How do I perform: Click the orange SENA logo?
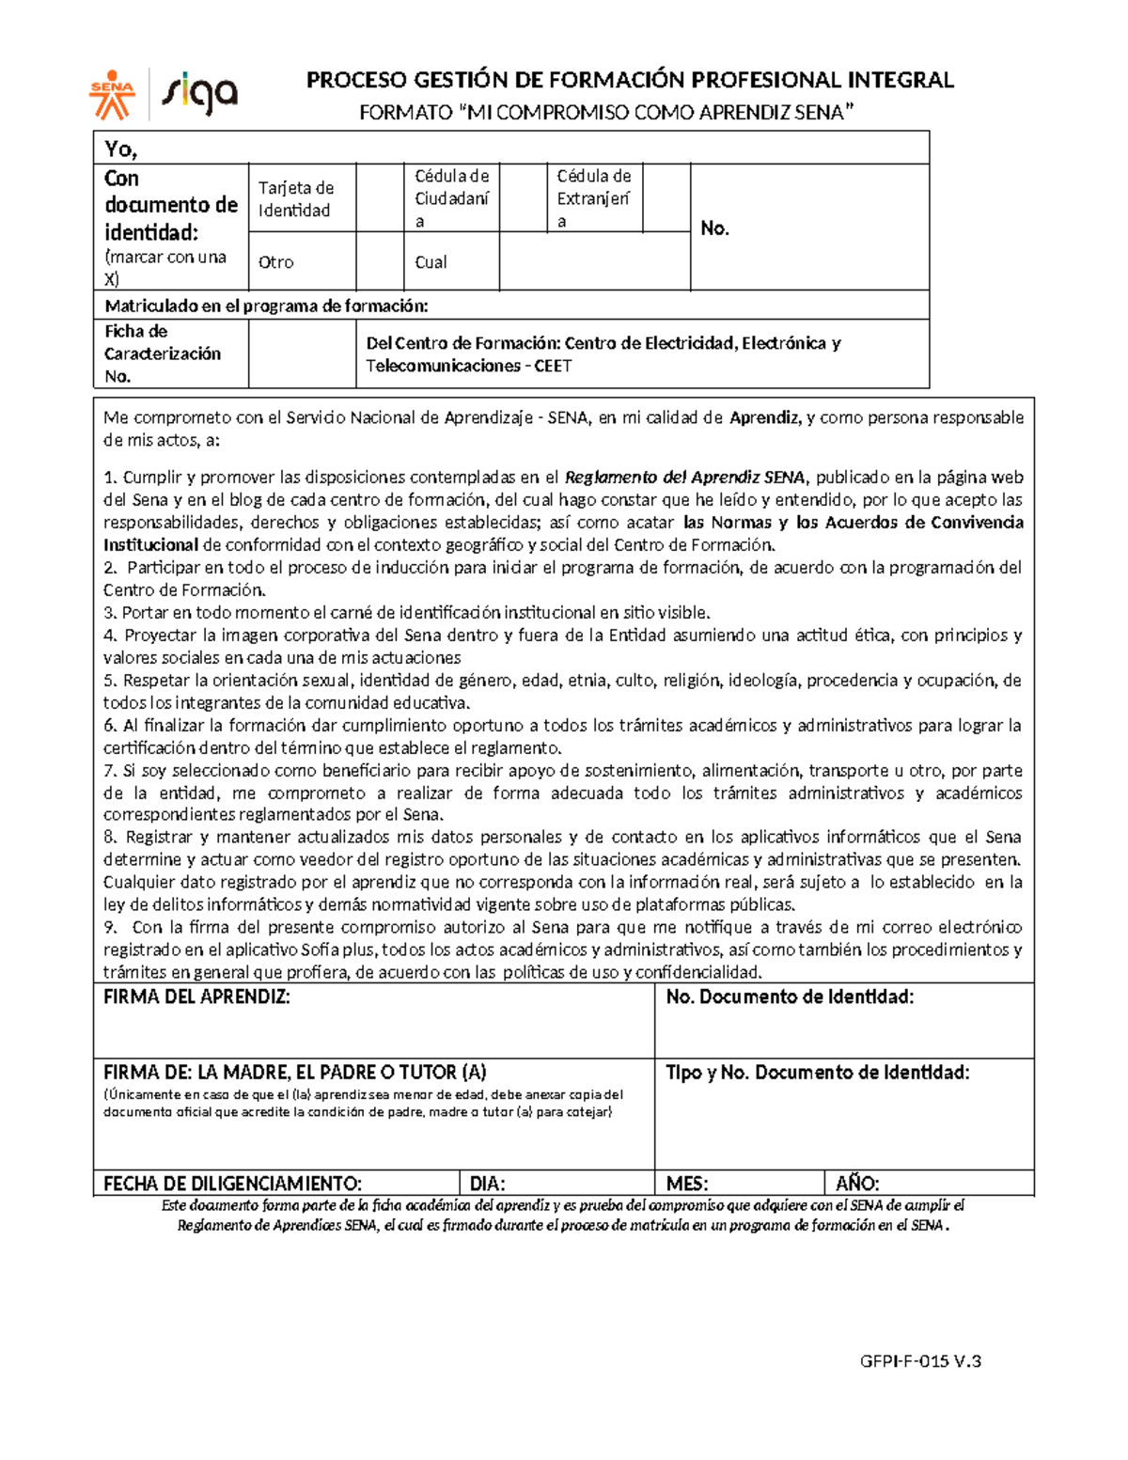click(112, 94)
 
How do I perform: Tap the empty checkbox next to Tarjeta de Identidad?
click(380, 198)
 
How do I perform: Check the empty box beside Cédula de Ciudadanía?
click(523, 198)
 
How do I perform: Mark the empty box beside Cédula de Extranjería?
click(666, 198)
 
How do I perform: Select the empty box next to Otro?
click(380, 261)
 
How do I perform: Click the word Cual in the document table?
click(431, 262)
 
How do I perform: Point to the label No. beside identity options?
click(714, 228)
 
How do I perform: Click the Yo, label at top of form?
click(121, 149)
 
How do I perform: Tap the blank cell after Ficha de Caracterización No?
click(302, 353)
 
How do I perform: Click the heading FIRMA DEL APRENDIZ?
click(196, 997)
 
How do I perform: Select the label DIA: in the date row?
click(487, 1184)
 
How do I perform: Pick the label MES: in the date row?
click(686, 1184)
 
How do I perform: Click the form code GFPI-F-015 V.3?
click(920, 1360)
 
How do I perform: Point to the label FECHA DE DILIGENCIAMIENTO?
click(232, 1184)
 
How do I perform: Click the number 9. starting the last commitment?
click(110, 928)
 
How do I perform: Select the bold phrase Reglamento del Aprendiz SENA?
click(684, 478)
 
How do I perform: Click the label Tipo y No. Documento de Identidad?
click(817, 1073)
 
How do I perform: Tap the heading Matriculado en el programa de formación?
click(266, 306)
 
